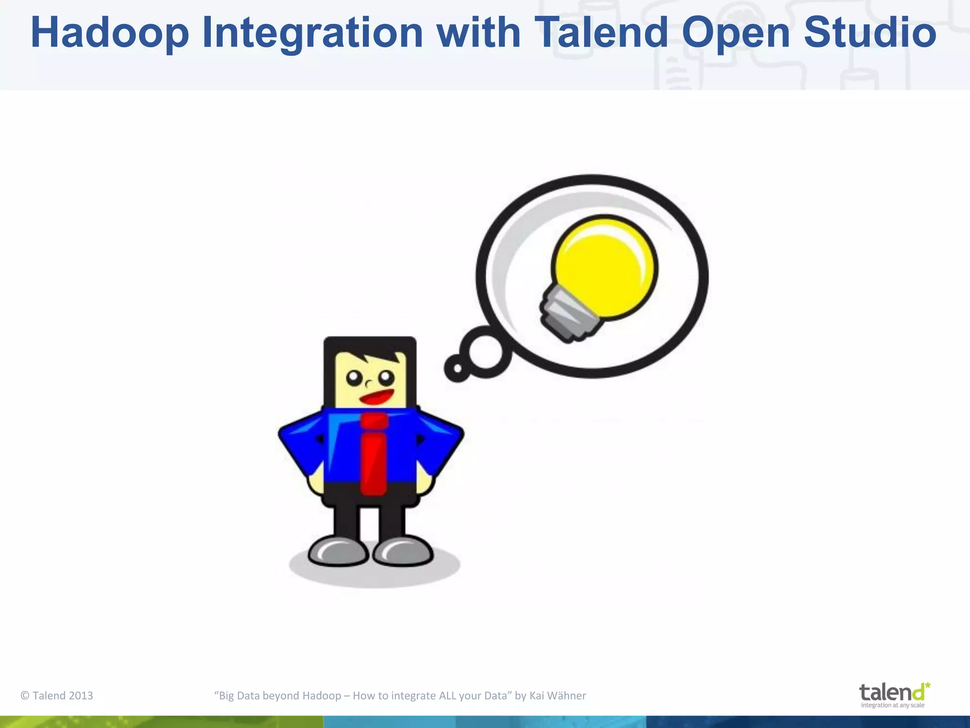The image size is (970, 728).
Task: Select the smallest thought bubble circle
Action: (457, 368)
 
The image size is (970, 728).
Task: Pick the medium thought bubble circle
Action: (486, 352)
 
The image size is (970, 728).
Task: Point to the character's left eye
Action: (354, 378)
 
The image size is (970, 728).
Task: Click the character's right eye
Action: (386, 378)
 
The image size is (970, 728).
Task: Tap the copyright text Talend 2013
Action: (57, 695)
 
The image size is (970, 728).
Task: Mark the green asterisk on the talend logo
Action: (927, 686)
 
